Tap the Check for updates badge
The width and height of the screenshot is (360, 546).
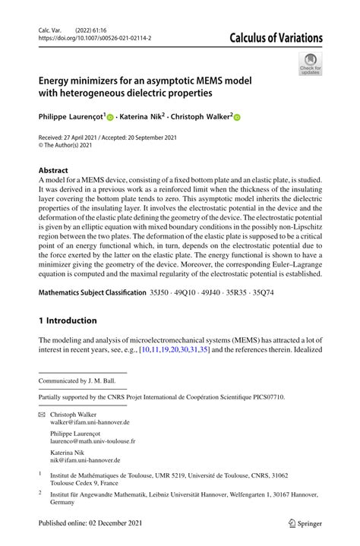point(310,63)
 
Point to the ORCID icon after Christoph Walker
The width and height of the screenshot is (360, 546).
point(236,118)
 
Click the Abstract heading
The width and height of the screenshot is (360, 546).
point(53,171)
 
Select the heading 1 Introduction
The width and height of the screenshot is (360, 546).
point(68,320)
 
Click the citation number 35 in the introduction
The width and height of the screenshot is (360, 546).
point(204,350)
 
